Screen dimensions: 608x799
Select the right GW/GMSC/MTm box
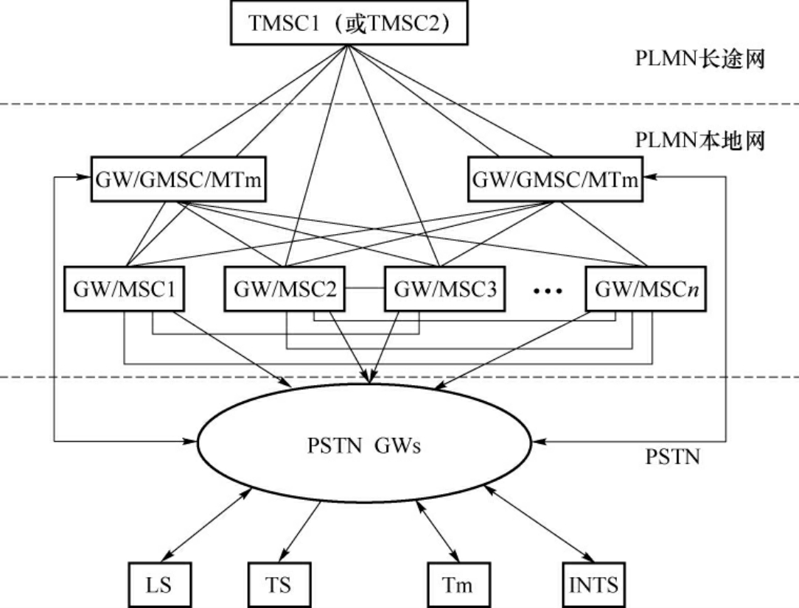coord(554,179)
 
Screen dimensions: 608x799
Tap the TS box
coord(274,586)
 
